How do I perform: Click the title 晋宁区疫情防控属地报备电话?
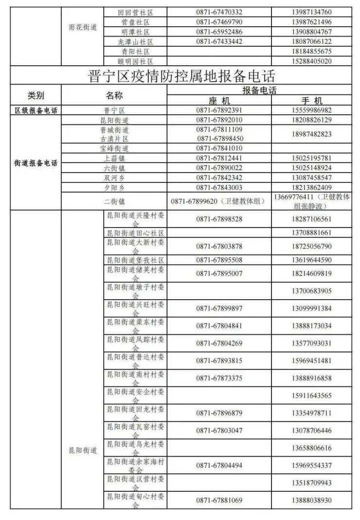(182, 75)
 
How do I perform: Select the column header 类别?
(36, 95)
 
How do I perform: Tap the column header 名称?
(114, 95)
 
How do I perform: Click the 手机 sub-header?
(312, 101)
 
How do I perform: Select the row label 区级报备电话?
(36, 110)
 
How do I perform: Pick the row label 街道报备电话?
(36, 163)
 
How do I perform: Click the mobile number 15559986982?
(312, 110)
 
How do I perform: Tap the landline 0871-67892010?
(219, 120)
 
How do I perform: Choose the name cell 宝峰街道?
(114, 148)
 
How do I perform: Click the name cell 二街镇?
(114, 201)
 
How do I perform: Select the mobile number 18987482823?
(312, 134)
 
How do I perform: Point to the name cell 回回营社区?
(135, 12)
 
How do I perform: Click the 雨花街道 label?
(83, 27)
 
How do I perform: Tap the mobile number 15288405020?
(312, 61)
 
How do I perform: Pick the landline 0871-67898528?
(219, 219)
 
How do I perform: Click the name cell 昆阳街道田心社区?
(135, 233)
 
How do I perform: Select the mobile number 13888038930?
(312, 500)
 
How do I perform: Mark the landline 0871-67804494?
(219, 466)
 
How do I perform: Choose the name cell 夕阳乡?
(114, 187)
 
